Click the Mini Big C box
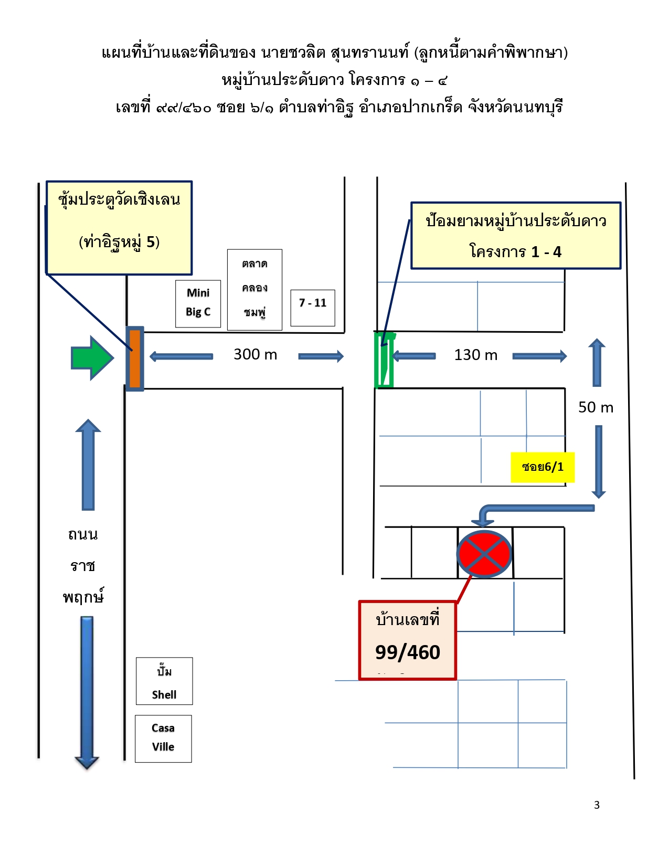coord(198,304)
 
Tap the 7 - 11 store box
coord(313,308)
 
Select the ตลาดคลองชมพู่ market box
coord(254,290)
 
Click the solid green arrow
coord(92,357)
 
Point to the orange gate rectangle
coord(135,358)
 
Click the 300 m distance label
coord(256,354)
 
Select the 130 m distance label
coord(476,355)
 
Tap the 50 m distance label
coord(596,407)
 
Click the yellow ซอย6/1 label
coord(543,467)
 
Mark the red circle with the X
coord(484,554)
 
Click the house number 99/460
coord(408,652)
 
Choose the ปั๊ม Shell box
coord(164,681)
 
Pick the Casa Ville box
coord(163,738)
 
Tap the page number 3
coord(597,805)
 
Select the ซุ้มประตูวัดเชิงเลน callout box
coord(119,228)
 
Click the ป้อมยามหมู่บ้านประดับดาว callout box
coord(516,236)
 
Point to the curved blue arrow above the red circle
coord(534,508)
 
